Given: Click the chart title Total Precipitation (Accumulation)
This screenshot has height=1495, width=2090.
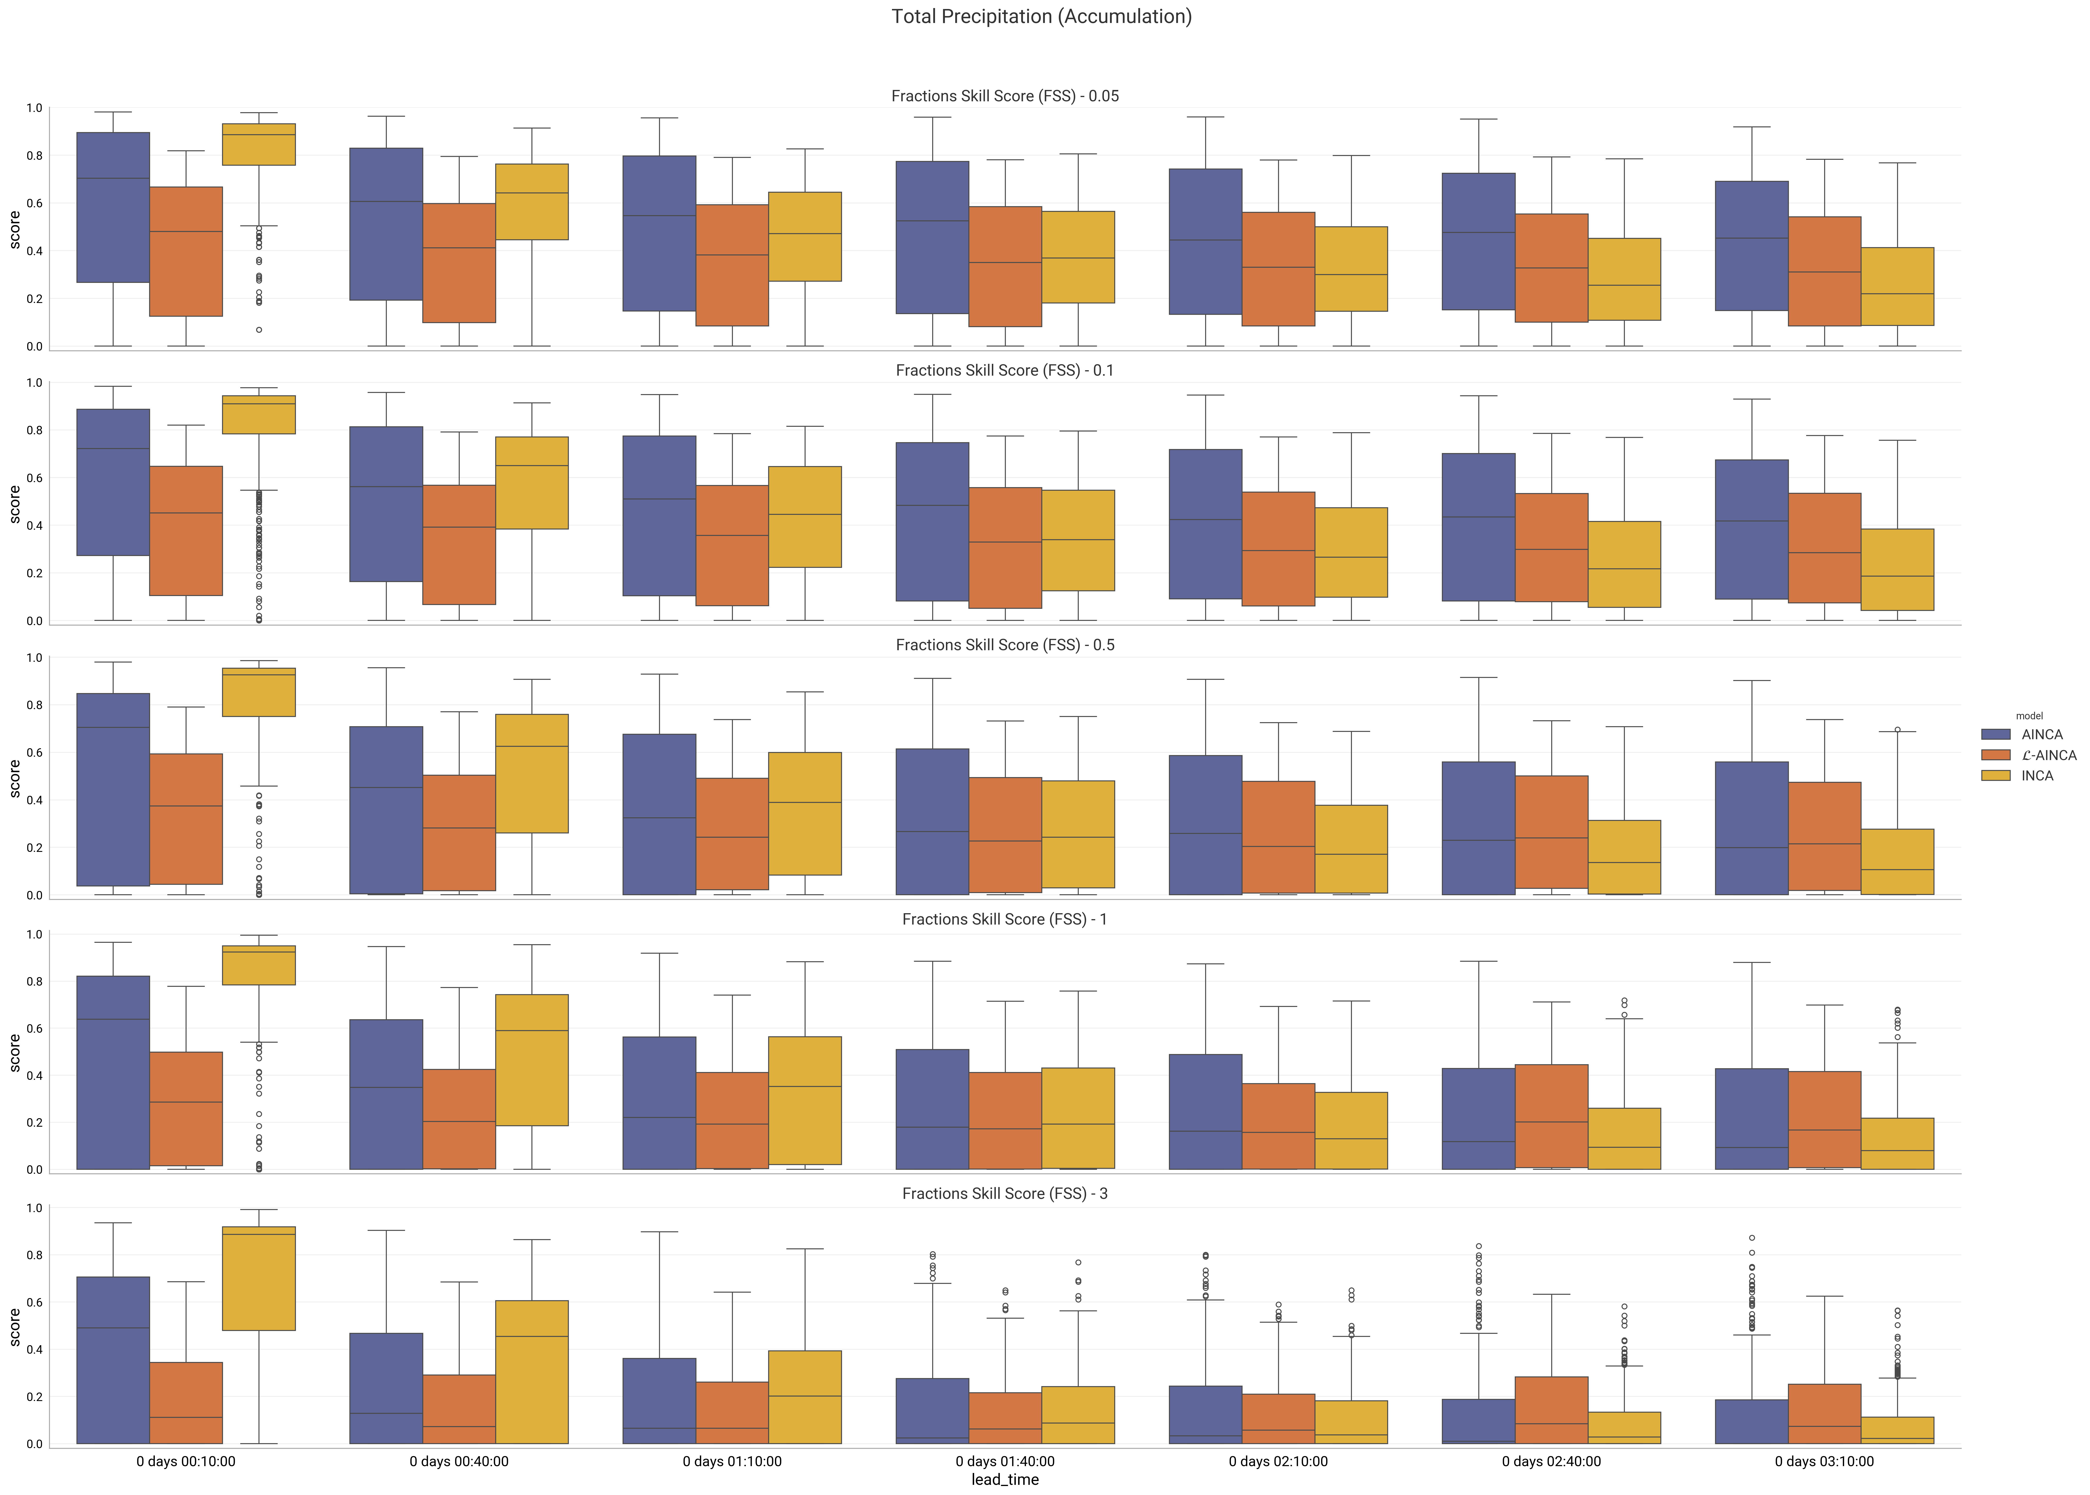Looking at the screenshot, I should pos(1041,17).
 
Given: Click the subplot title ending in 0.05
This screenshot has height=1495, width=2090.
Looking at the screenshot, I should pos(1004,96).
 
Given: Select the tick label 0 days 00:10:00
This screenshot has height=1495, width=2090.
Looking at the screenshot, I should pos(186,1461).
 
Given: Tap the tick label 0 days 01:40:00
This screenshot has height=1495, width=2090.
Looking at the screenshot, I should pos(1004,1461).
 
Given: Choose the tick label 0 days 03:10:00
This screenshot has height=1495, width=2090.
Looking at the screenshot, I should pos(1824,1461).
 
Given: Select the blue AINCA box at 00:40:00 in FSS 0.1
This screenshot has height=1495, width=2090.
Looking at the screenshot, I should pos(386,504).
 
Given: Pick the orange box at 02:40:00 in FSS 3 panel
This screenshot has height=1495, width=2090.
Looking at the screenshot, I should pos(1551,1409).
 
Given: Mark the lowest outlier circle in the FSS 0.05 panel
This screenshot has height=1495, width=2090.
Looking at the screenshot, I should pos(259,329).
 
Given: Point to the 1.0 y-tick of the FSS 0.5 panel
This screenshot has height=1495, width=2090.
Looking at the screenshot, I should pos(34,657).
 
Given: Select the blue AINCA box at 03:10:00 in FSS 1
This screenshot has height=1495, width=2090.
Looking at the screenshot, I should pos(1751,1118).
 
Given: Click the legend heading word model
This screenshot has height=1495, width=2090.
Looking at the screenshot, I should pos(2029,715).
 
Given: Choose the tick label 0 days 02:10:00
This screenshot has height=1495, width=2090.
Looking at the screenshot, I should pos(1278,1461).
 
